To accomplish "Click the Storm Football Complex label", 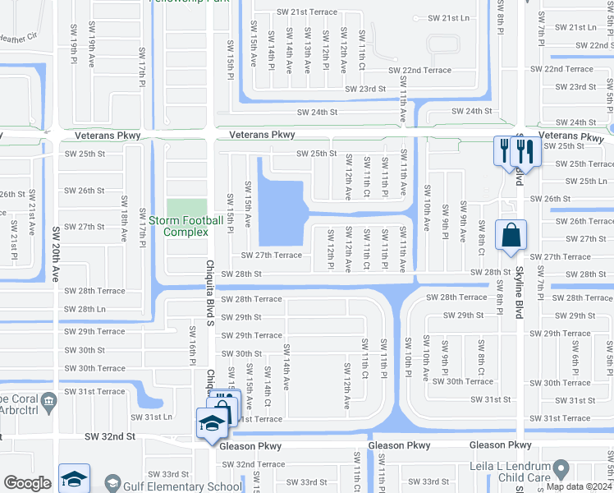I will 192,226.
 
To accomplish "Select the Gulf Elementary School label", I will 190,486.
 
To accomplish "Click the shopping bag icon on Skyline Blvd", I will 511,236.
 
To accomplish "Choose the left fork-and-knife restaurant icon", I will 502,150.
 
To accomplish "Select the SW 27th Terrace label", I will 272,256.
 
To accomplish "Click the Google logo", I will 27,483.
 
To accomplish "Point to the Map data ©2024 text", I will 579,486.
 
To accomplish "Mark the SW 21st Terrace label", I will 307,12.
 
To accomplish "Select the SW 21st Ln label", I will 448,17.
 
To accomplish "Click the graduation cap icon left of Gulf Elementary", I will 74,479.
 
